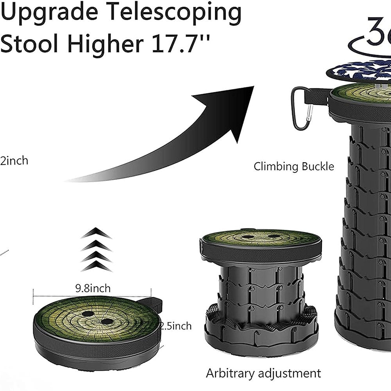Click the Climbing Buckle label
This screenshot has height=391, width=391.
pos(294,167)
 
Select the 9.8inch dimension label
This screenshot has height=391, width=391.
pos(93,289)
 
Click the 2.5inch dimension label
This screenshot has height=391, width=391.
pos(176,326)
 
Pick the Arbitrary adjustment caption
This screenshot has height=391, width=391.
pos(263,373)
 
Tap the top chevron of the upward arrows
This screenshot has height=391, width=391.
pos(96,234)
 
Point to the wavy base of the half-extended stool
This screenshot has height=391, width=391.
pos(261,332)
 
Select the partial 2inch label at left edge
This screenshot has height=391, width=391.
pos(14,161)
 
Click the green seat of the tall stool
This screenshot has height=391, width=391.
pos(364,93)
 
